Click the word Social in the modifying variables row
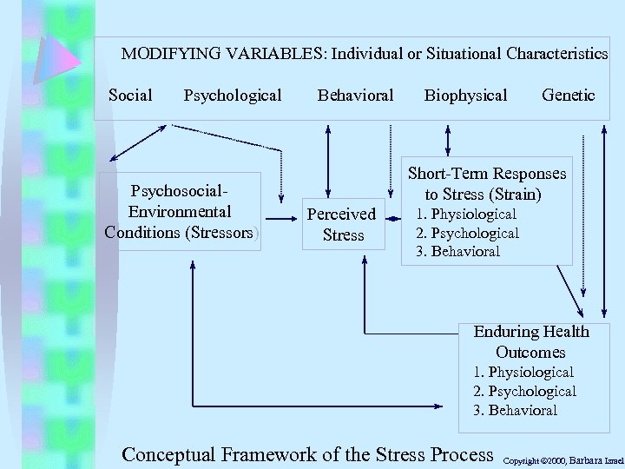tap(130, 95)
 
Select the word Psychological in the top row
tap(233, 95)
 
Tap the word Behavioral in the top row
tap(355, 95)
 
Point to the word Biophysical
tap(465, 95)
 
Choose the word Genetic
tap(568, 95)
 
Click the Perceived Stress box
tap(343, 224)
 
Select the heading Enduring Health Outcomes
tap(530, 342)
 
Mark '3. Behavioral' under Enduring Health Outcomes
tap(516, 410)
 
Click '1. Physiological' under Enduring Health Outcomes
tap(523, 372)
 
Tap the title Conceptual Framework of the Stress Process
tap(308, 453)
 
